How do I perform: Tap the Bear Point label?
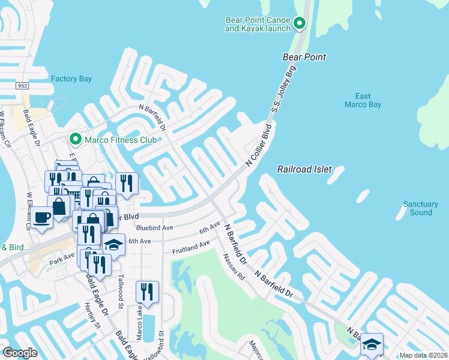click(x=304, y=57)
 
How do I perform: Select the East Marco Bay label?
click(x=363, y=100)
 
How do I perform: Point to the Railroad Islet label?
click(x=304, y=170)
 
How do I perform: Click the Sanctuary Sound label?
click(x=421, y=208)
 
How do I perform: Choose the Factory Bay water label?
click(x=71, y=79)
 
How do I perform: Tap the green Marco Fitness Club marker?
click(x=75, y=140)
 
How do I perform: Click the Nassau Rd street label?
click(x=235, y=268)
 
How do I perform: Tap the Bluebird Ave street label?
click(x=154, y=228)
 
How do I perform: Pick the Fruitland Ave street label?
click(x=191, y=247)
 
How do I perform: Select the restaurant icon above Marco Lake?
click(x=147, y=292)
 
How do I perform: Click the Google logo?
click(x=20, y=353)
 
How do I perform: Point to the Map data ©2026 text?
click(x=423, y=355)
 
